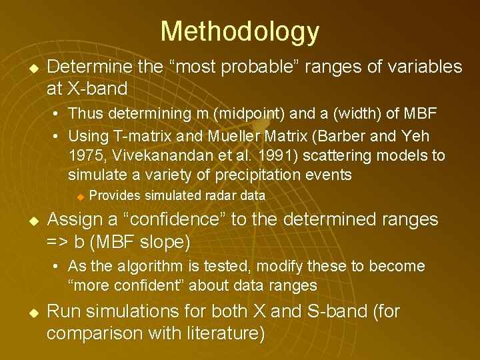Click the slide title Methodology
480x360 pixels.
tap(239, 31)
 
